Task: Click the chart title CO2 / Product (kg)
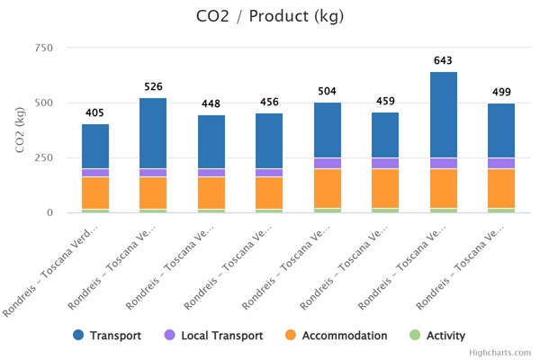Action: point(269,16)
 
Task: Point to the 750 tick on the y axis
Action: point(42,48)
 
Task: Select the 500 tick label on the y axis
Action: point(42,103)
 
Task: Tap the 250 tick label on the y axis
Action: point(42,157)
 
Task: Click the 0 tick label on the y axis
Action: point(49,213)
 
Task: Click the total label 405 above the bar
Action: point(94,113)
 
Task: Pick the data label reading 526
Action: point(153,87)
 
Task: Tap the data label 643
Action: point(444,61)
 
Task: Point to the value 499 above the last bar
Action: point(501,93)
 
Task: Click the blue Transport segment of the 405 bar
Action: point(95,147)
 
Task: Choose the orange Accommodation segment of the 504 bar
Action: point(328,188)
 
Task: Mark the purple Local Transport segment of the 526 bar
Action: point(153,173)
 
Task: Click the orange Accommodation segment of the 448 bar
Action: point(211,193)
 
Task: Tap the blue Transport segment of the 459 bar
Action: point(385,135)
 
